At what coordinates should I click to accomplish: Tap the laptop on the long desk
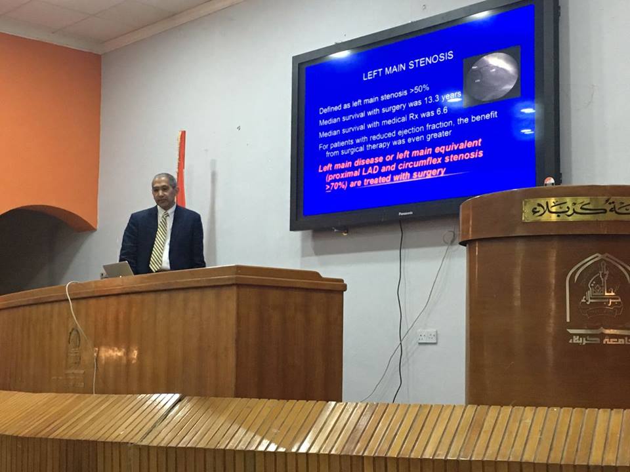coord(119,269)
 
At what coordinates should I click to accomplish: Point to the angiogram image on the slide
coord(492,77)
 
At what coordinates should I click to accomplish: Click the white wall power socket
coord(427,336)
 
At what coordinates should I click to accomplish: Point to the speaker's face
coord(165,193)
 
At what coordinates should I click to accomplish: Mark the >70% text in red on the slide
coord(339,186)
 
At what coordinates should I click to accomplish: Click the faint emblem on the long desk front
coord(73,344)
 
